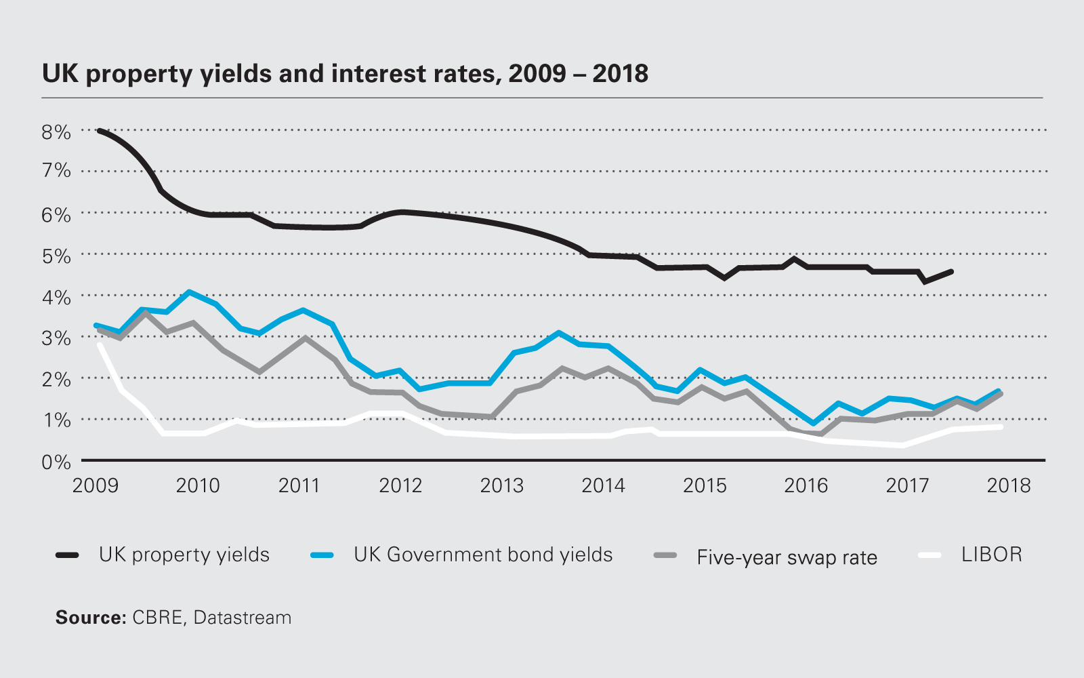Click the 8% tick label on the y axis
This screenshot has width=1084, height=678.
click(56, 132)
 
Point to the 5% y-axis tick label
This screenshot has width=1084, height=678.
click(56, 256)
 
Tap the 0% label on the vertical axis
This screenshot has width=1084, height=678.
click(56, 462)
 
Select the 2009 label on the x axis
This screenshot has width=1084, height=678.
click(96, 485)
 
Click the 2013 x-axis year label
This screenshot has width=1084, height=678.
click(501, 485)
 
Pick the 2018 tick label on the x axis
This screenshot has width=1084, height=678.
click(1008, 485)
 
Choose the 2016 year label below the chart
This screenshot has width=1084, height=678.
click(806, 485)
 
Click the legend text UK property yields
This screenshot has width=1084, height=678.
click(184, 555)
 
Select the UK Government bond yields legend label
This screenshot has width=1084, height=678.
click(483, 555)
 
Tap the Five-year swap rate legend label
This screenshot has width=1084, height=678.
click(787, 557)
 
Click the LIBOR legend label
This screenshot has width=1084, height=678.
click(991, 555)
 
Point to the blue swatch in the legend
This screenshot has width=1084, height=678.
click(322, 555)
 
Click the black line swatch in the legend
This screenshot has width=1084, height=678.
click(67, 555)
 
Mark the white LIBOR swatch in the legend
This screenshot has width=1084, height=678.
click(930, 555)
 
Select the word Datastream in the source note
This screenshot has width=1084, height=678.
click(243, 618)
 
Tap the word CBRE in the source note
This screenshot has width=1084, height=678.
click(157, 618)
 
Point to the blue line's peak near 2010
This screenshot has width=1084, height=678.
click(189, 292)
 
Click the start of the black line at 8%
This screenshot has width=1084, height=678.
click(100, 130)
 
